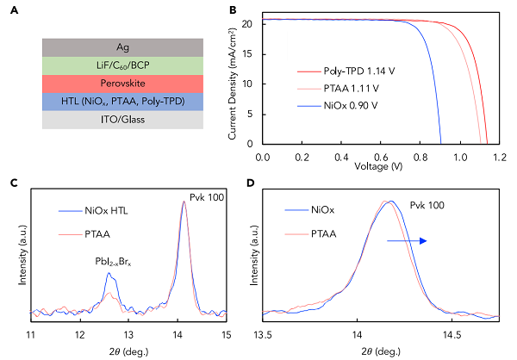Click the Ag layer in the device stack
pos(122,47)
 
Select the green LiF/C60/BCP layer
pos(122,65)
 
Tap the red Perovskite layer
pos(122,83)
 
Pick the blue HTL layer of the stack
pos(122,101)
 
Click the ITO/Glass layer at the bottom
pos(122,120)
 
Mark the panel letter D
pos(251,183)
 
